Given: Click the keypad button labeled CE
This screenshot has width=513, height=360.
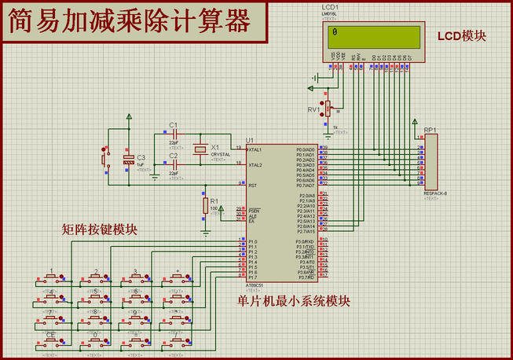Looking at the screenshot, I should point(50,340).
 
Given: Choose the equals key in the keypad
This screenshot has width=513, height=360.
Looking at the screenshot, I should point(136,340).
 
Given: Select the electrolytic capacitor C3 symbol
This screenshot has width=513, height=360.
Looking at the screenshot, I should point(129,160).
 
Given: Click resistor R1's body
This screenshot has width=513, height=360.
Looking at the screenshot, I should point(206,206).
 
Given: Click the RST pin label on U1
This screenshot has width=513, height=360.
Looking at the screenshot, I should point(253,186).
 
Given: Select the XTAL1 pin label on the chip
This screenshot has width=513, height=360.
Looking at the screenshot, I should point(255,149).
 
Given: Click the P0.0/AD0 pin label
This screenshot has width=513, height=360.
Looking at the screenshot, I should point(306,149).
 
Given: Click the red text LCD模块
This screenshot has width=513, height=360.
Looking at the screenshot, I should point(462,36).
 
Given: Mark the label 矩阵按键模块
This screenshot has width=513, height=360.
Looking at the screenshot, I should point(100,230).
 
